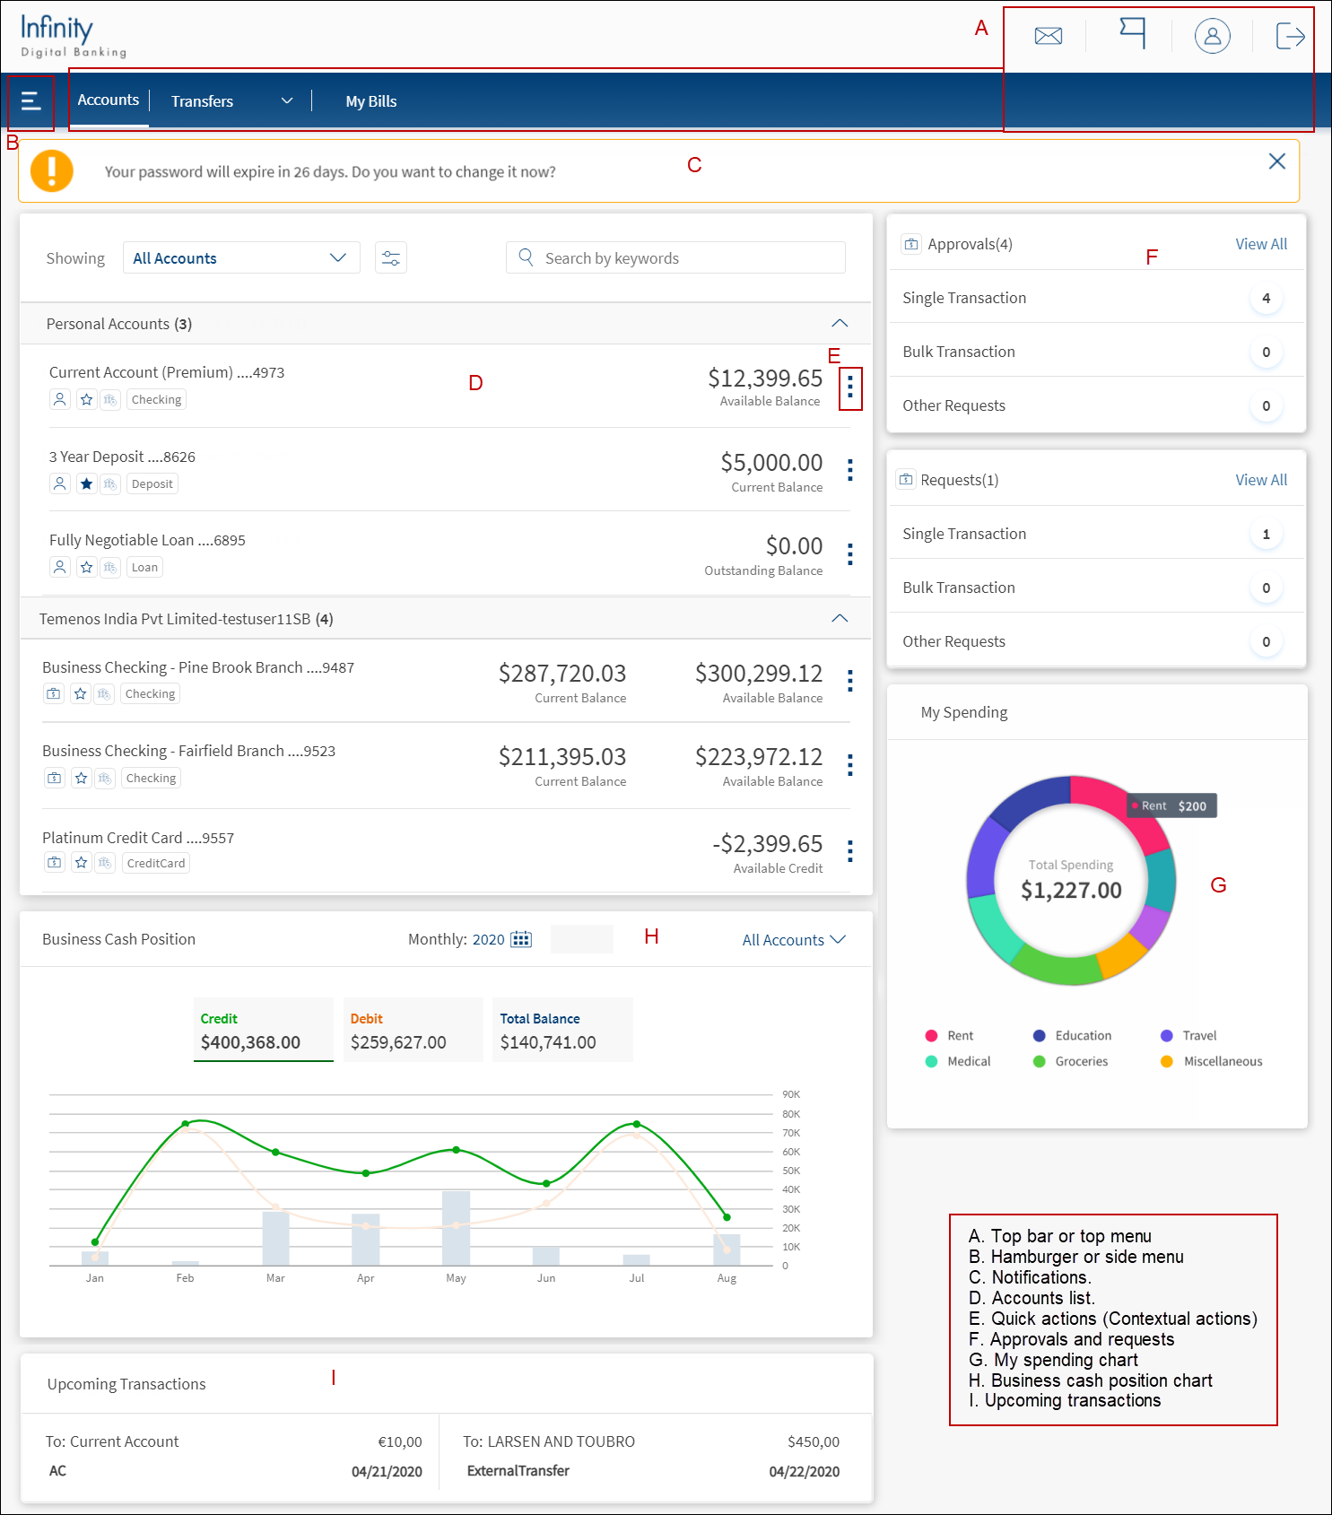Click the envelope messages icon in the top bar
1048,36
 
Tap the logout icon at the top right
1290,36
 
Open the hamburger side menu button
30,101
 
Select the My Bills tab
371,101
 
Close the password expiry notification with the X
1277,161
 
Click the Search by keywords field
675,257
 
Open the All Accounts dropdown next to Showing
241,257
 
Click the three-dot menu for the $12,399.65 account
850,387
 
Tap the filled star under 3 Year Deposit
86,483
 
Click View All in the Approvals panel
1261,244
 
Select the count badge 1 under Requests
1266,535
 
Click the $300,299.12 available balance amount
759,673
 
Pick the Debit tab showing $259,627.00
413,1030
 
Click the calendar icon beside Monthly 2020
520,939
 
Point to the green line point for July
637,1124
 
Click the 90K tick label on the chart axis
791,1094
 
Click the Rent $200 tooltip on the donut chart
1172,805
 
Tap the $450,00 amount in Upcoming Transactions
814,1441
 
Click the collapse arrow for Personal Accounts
840,323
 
